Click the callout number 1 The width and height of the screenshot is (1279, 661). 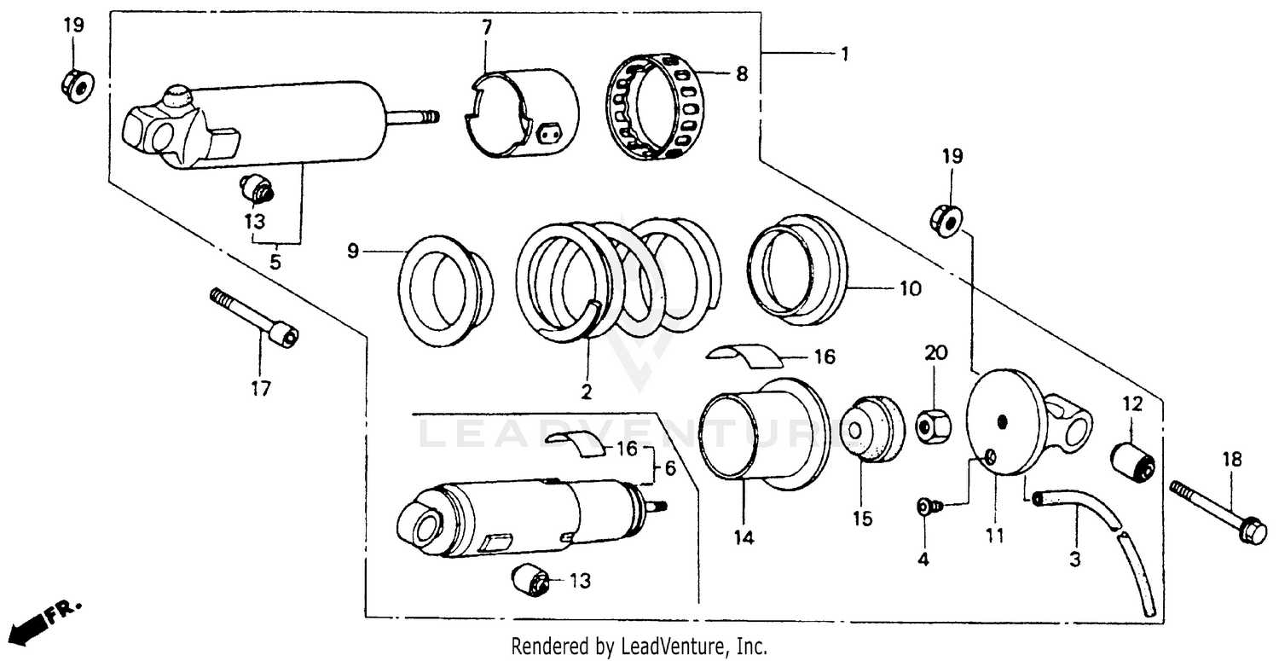(844, 54)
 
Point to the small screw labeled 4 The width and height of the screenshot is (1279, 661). (929, 507)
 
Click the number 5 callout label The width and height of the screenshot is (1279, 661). (275, 263)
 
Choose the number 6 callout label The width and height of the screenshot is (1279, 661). (670, 468)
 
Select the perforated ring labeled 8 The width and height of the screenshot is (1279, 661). (657, 107)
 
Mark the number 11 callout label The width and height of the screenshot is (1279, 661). (995, 536)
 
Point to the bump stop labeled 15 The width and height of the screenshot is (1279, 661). (869, 428)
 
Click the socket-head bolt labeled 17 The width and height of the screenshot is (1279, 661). (256, 316)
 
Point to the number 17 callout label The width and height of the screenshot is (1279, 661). (260, 389)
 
